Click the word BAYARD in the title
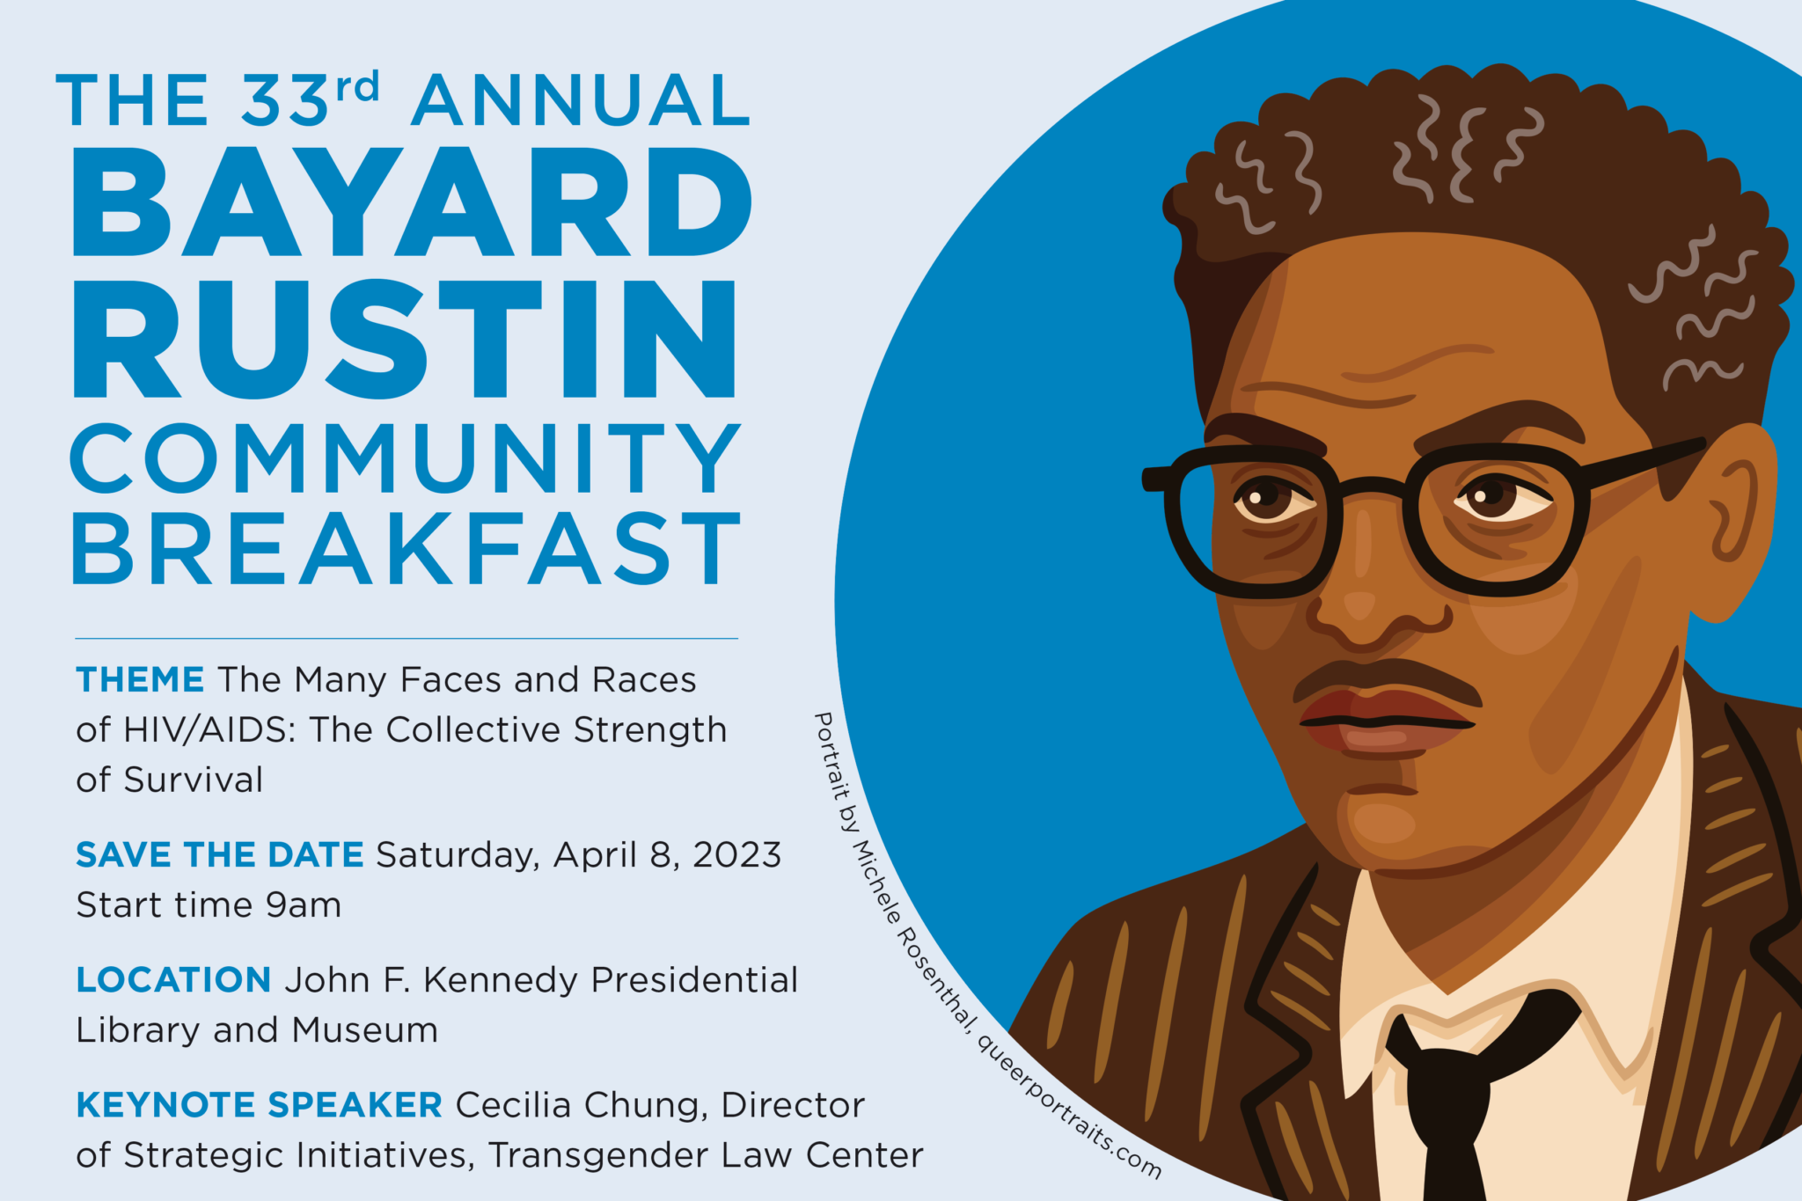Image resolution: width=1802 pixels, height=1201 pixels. [x=412, y=201]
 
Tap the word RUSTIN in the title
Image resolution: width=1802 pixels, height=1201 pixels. [x=405, y=339]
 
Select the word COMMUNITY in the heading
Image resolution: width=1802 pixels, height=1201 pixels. [x=406, y=458]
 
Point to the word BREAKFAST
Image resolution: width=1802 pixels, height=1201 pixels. [x=406, y=549]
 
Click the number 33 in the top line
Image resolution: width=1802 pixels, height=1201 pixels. [x=285, y=99]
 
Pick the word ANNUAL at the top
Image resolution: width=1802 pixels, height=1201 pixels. [x=581, y=99]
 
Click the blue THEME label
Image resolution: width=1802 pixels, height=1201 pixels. [x=140, y=680]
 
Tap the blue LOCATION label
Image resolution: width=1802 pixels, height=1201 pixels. [x=173, y=980]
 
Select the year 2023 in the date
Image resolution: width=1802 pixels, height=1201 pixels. [x=737, y=855]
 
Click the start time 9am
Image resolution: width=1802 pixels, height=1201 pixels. [x=304, y=905]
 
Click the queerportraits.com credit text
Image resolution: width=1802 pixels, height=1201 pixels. [x=1069, y=1108]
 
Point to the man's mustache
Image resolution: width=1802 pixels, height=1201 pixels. [x=1387, y=679]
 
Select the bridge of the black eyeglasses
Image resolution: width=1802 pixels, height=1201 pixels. [x=1373, y=487]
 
